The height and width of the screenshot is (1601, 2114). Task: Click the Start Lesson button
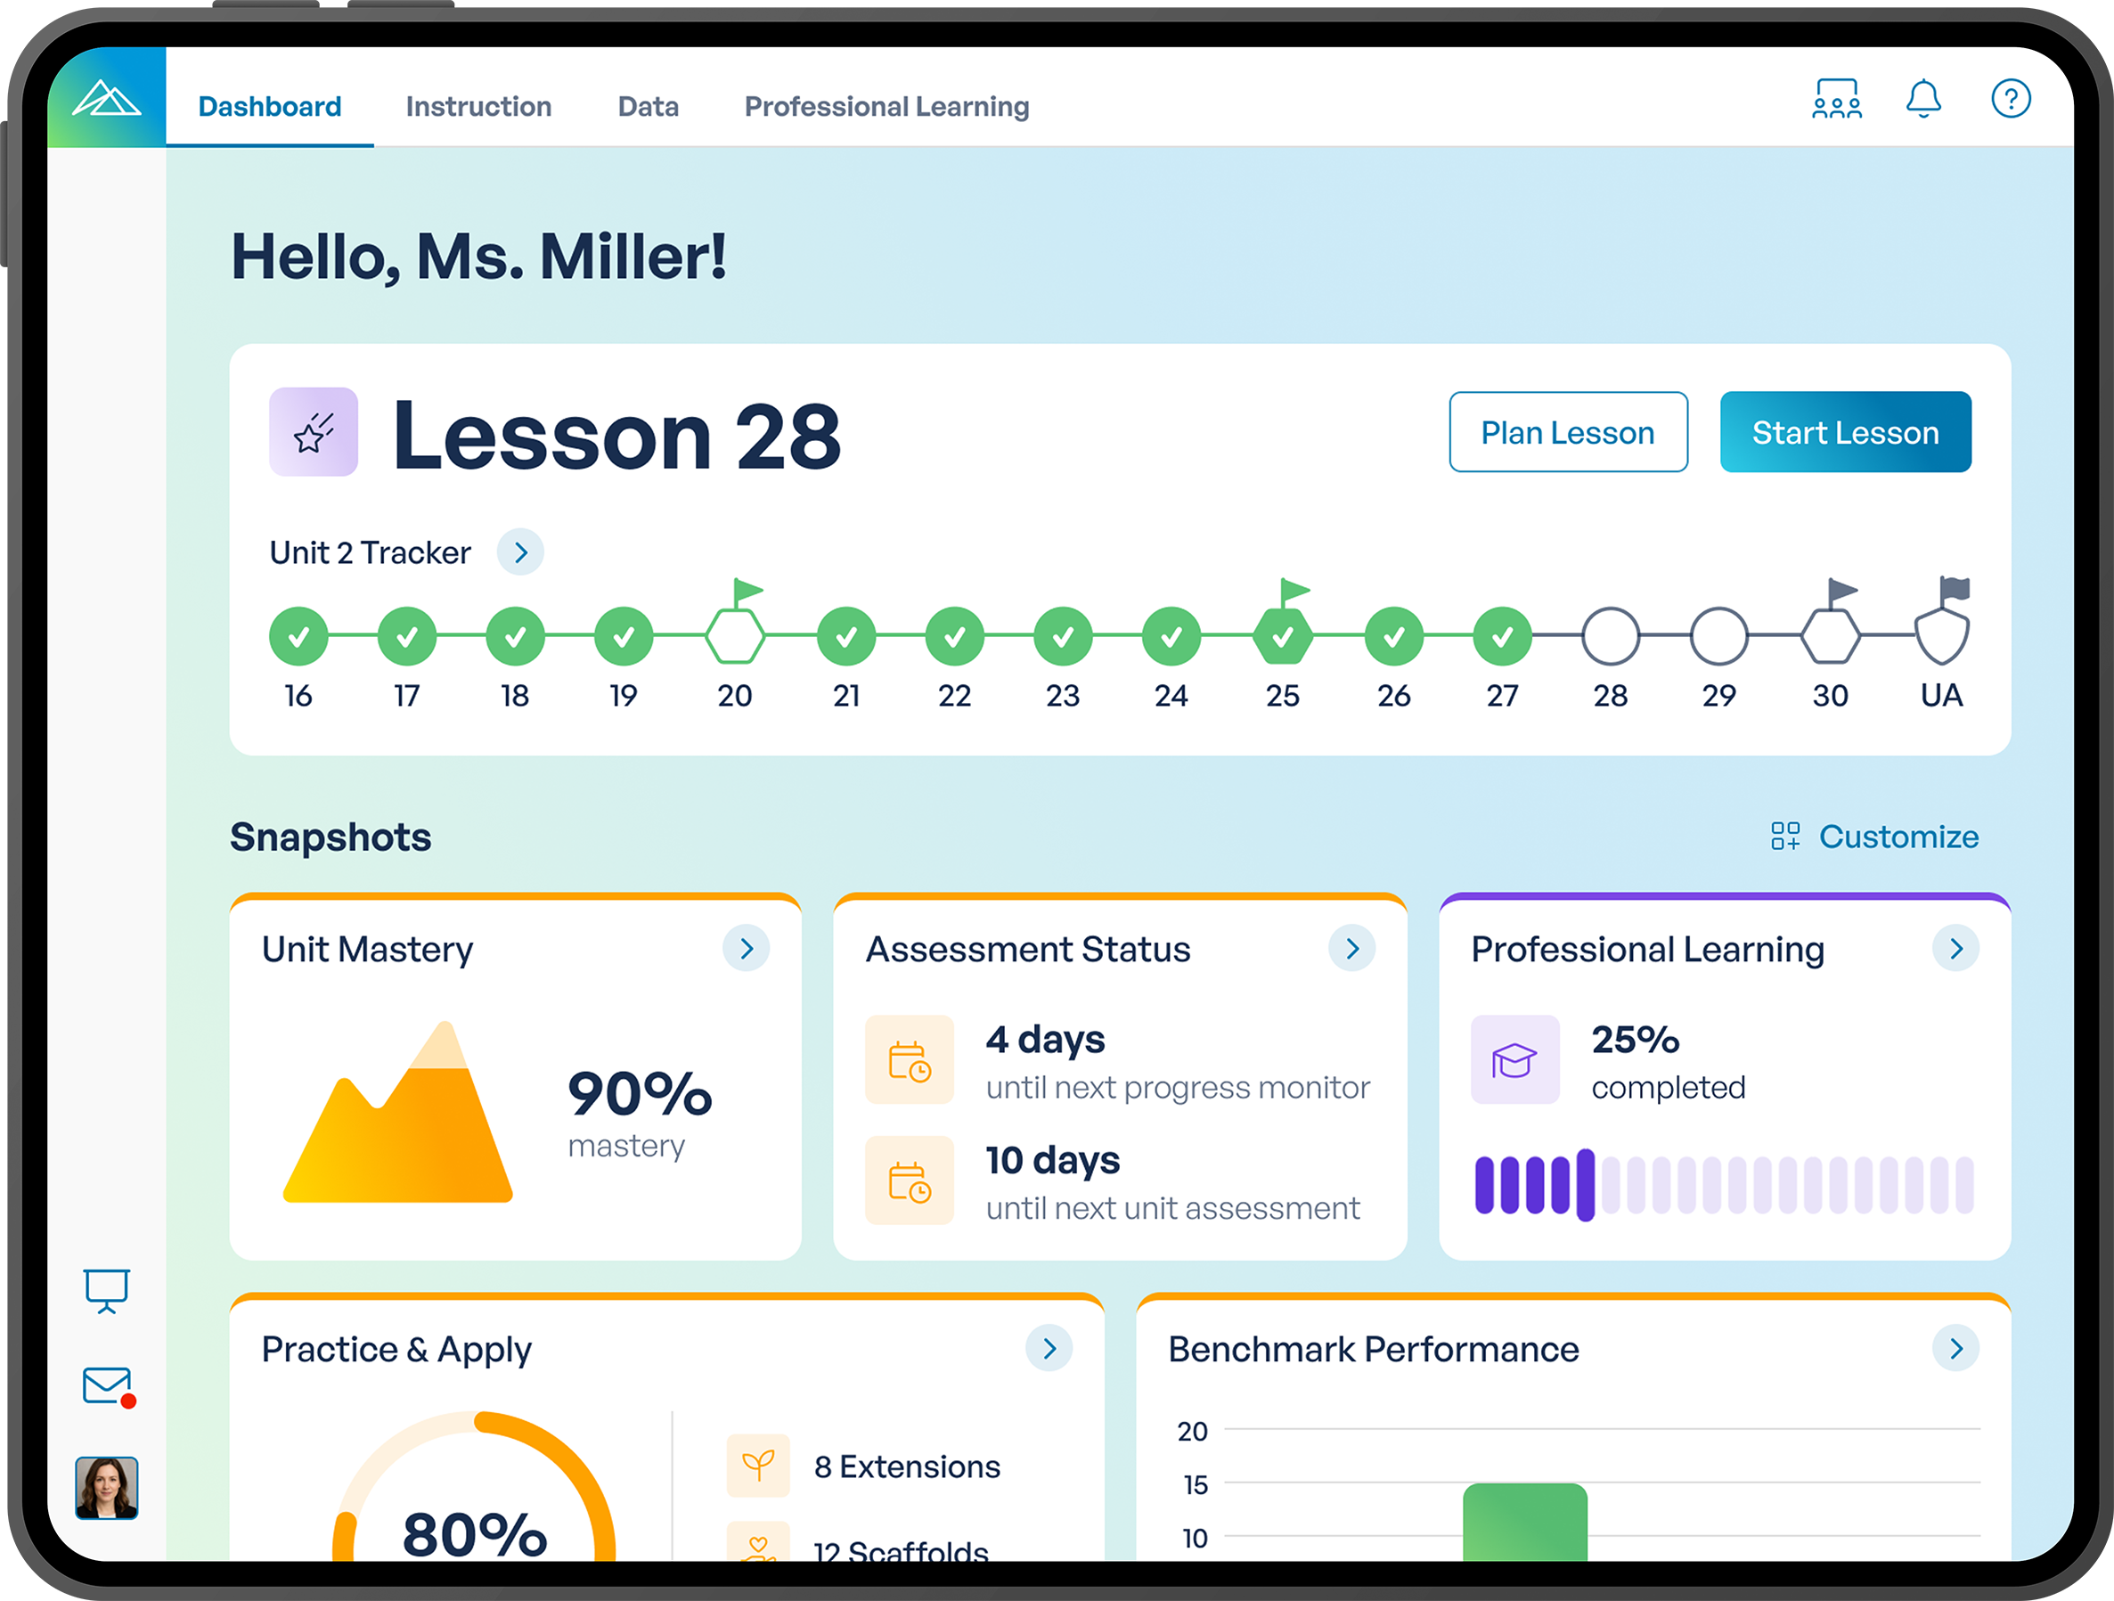[1844, 432]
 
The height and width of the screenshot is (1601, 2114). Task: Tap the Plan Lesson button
[1567, 432]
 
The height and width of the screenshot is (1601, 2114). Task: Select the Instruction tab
[477, 106]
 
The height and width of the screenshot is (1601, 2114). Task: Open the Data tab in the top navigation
[648, 106]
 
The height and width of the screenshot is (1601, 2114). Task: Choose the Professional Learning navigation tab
[886, 106]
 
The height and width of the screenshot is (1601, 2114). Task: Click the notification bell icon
[1922, 99]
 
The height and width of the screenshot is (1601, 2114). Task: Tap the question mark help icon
[2010, 99]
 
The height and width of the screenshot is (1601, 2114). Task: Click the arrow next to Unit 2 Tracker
[520, 552]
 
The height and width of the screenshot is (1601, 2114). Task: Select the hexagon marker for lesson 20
[734, 635]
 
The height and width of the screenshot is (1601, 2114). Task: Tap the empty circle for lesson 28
[1611, 635]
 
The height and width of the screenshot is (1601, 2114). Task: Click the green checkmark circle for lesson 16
[298, 635]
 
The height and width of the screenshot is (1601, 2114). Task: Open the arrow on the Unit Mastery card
[747, 948]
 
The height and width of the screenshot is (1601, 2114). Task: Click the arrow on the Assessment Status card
[1351, 948]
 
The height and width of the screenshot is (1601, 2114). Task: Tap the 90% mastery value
[640, 1093]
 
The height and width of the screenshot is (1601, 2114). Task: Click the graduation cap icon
[1514, 1059]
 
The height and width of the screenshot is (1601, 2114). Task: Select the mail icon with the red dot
[107, 1385]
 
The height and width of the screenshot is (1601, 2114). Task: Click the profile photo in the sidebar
[107, 1487]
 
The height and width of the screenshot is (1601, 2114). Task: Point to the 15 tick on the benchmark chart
[1195, 1484]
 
